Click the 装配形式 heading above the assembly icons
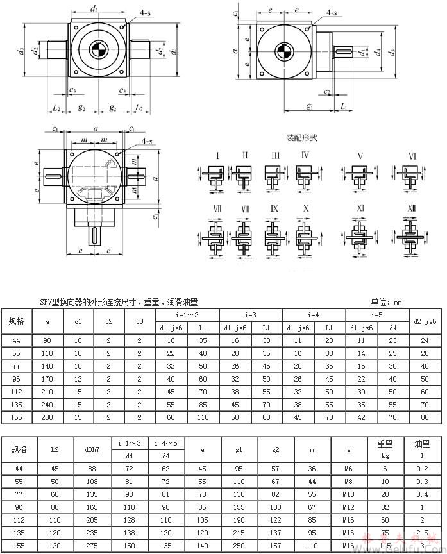coord(302,138)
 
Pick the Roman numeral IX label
coord(274,208)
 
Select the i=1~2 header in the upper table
coord(188,315)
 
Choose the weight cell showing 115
coord(385,546)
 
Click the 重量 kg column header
coord(385,449)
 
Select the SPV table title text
coord(119,302)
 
